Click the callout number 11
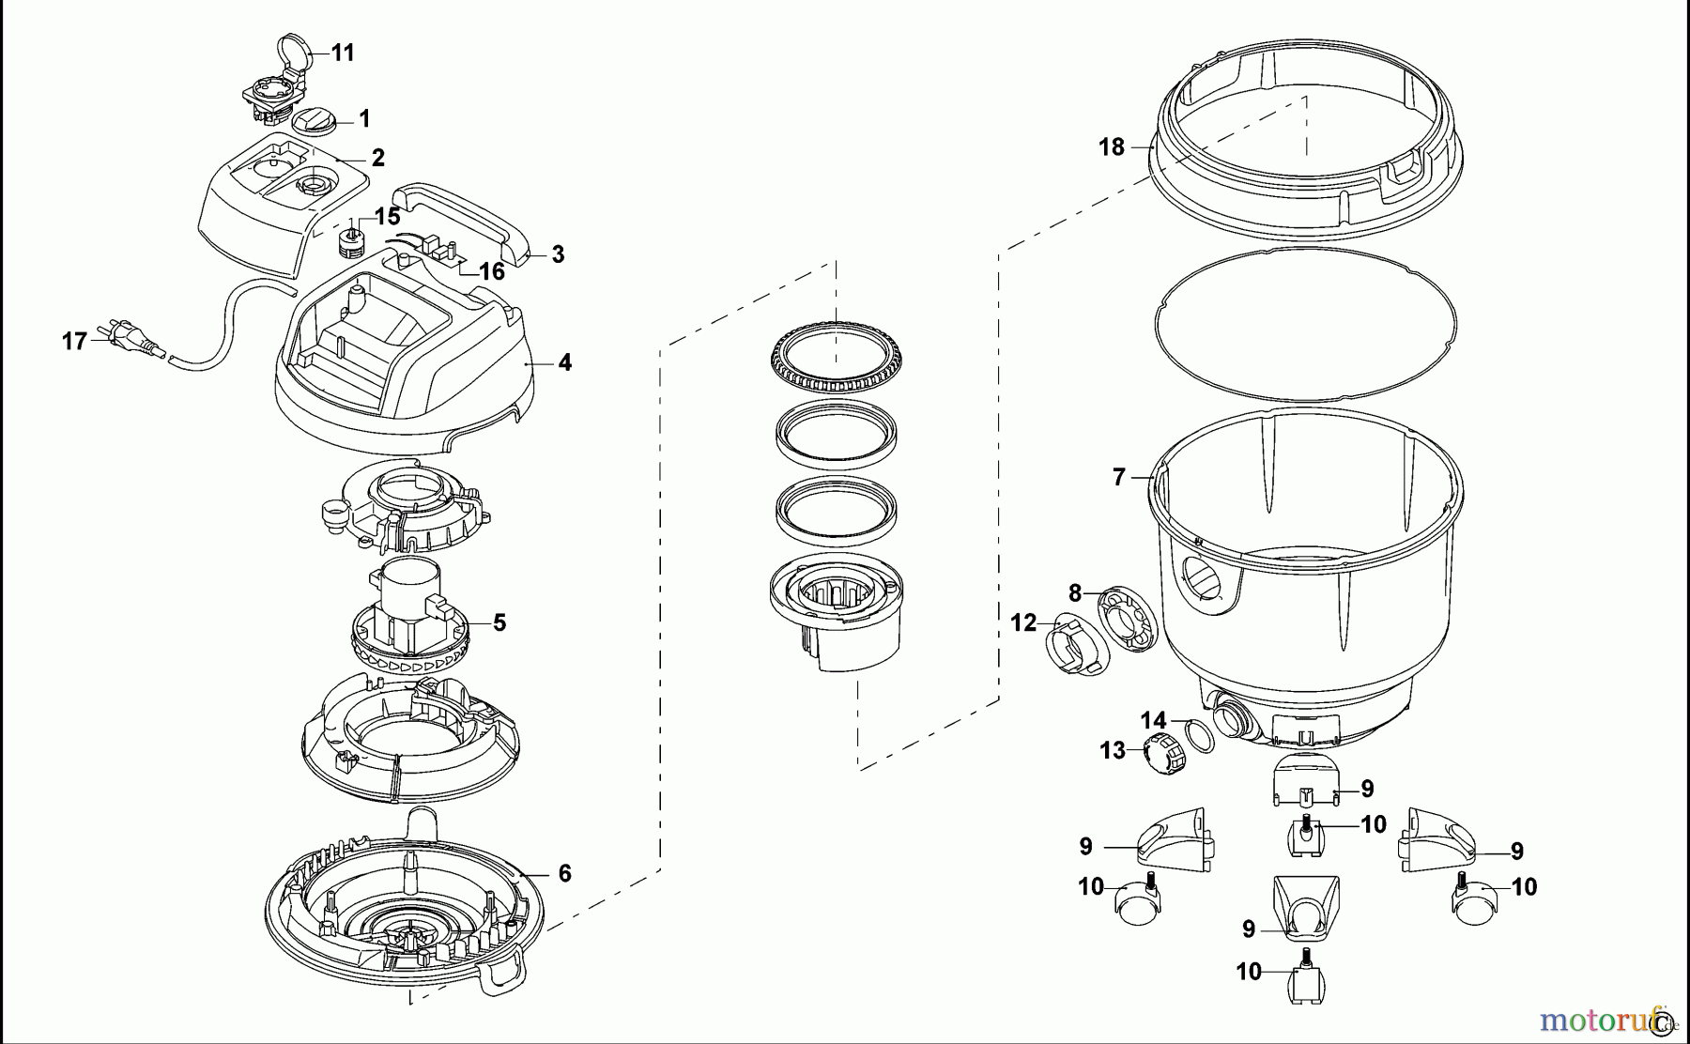[343, 53]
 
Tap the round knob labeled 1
[313, 121]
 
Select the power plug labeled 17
[131, 342]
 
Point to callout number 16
[492, 272]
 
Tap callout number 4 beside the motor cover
[564, 362]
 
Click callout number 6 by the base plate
[564, 873]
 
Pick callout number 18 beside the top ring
[1111, 147]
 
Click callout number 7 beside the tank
[1118, 478]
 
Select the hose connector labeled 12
[1071, 648]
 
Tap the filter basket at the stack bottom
[834, 615]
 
